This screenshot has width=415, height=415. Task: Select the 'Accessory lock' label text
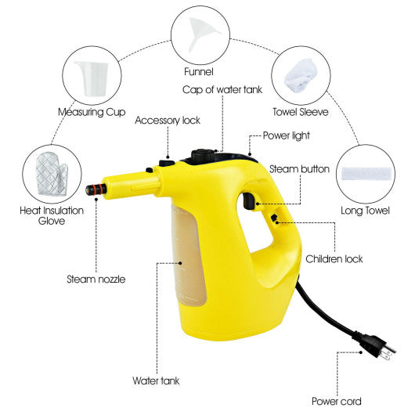click(168, 120)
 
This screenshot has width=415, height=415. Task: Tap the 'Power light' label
click(287, 135)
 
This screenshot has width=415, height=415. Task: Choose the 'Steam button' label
click(299, 168)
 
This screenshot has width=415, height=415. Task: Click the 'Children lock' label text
click(334, 258)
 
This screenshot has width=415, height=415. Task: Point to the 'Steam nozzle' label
click(96, 279)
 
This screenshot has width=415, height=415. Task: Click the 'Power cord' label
click(337, 401)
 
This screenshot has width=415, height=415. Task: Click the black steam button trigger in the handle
click(248, 203)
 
